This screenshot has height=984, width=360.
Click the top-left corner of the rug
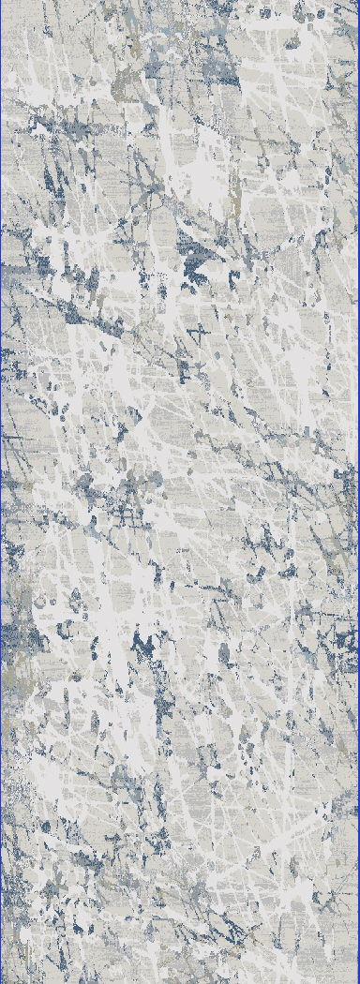(2, 2)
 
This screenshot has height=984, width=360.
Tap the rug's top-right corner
(358, 2)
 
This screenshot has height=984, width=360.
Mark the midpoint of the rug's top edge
(180, 2)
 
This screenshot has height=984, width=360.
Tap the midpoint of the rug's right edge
(358, 492)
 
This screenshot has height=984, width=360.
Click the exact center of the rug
(180, 492)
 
